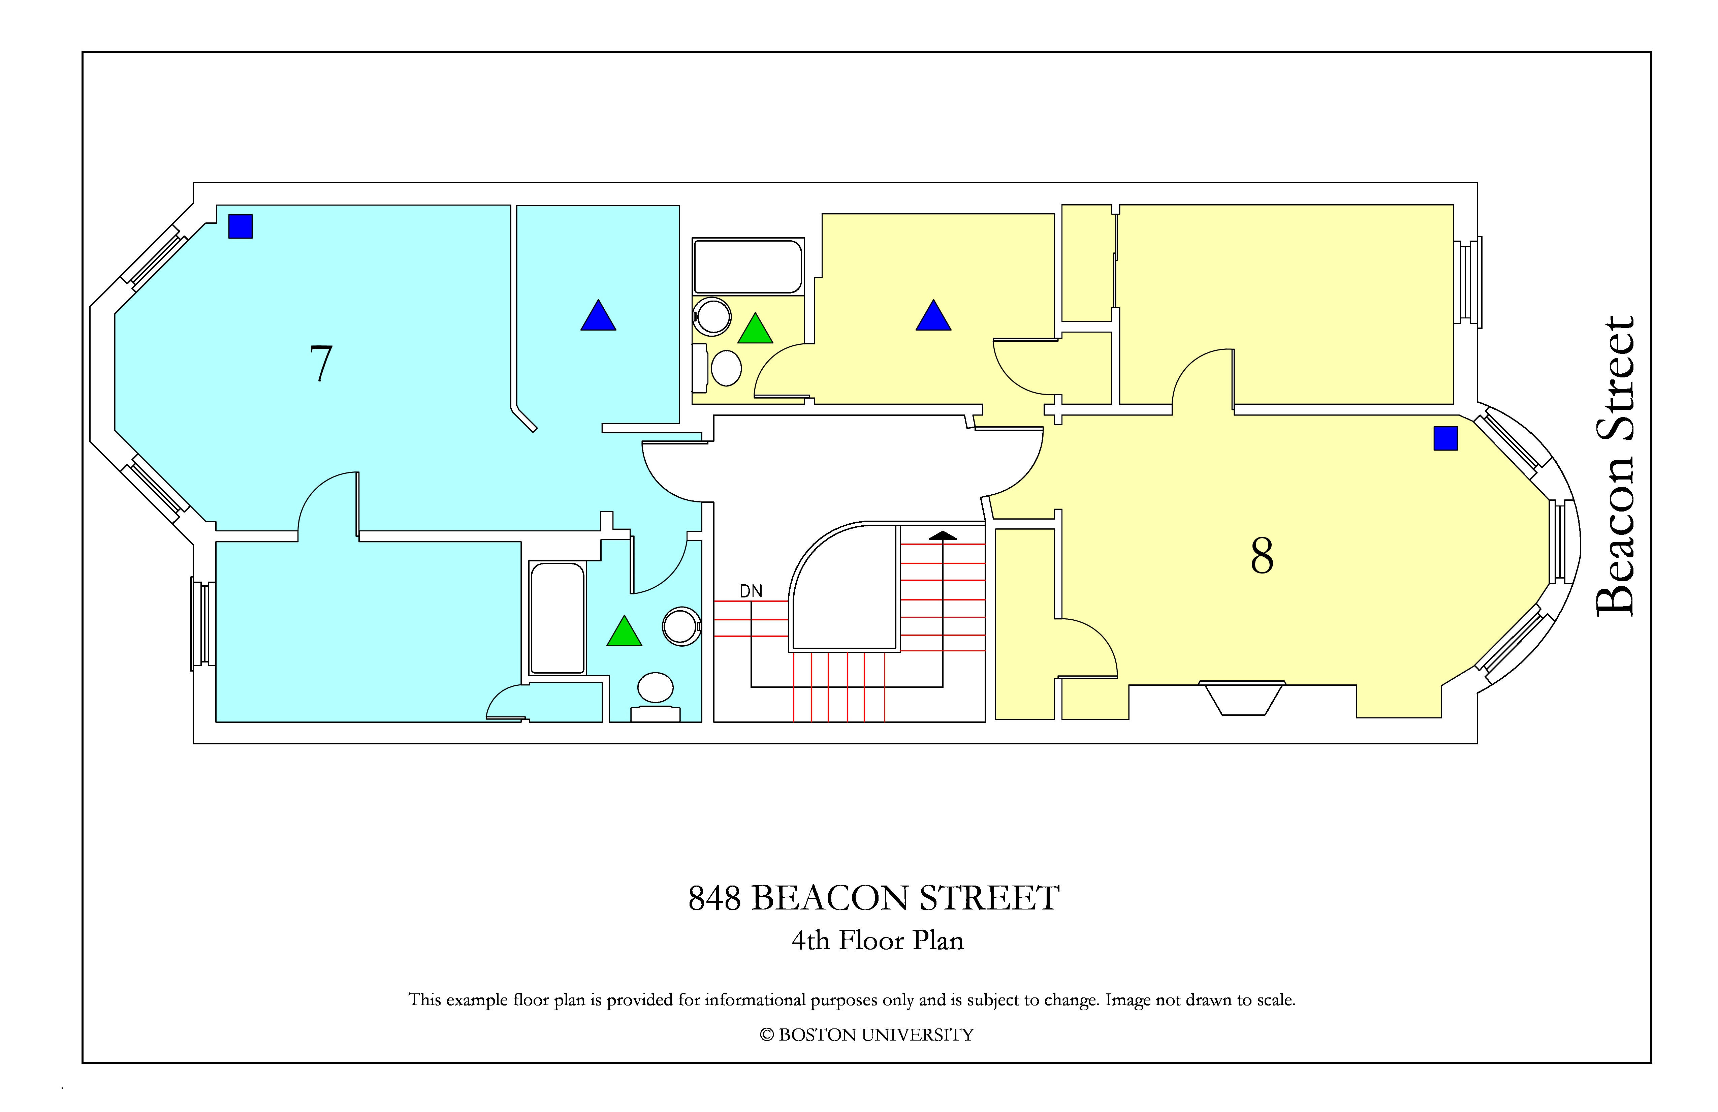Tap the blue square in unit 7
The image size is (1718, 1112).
pyautogui.click(x=241, y=226)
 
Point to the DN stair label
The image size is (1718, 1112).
pyautogui.click(x=751, y=591)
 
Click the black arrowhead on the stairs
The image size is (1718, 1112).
pyautogui.click(x=943, y=536)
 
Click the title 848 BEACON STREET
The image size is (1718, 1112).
pyautogui.click(x=873, y=898)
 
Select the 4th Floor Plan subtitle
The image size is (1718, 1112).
pyautogui.click(x=878, y=940)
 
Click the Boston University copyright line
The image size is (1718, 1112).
pyautogui.click(x=866, y=1035)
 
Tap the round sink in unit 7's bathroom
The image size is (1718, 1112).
pyautogui.click(x=681, y=626)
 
